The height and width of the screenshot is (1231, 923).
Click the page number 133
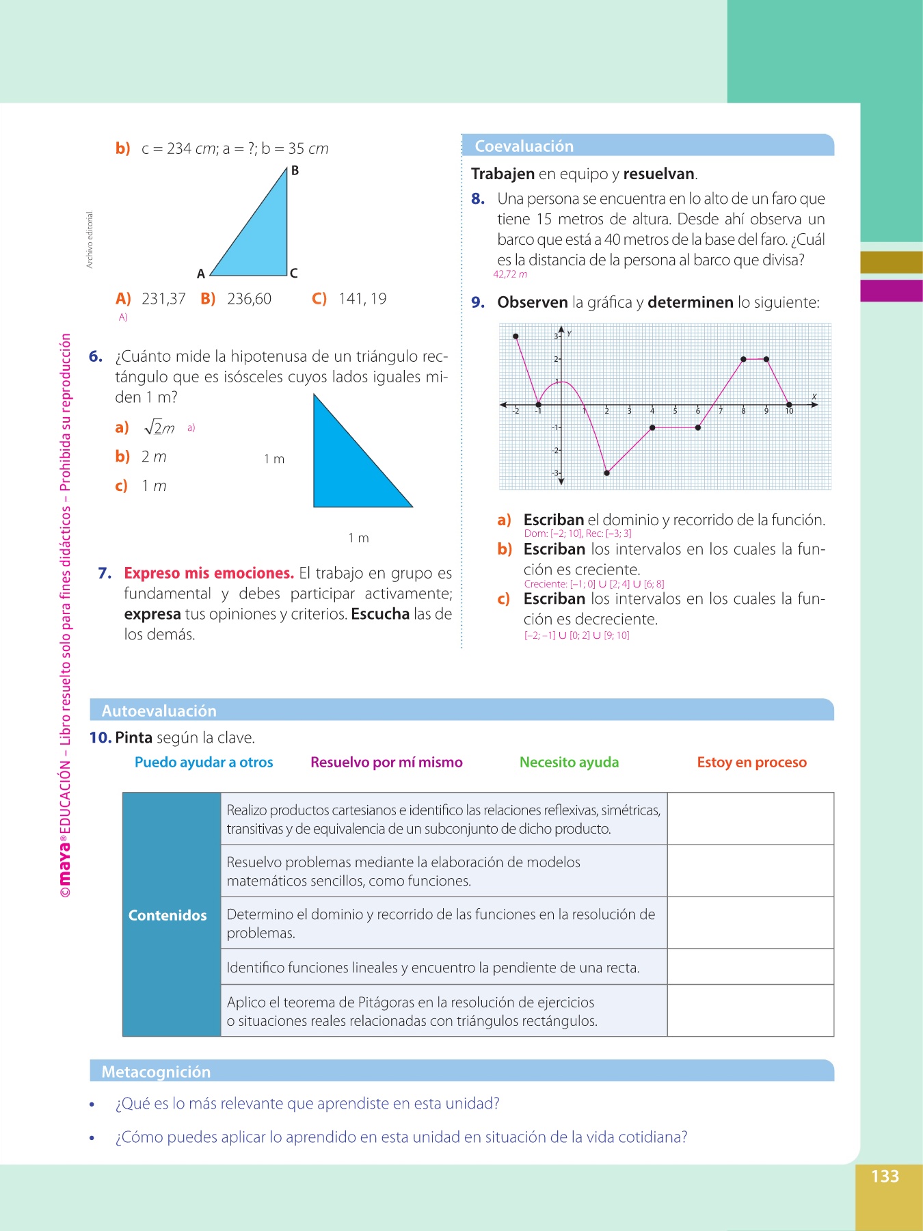coord(885,1176)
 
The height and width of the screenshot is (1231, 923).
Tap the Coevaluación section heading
coord(524,146)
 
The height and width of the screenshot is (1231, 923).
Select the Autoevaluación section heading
coord(159,711)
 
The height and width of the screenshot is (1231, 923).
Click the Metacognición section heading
coord(156,1072)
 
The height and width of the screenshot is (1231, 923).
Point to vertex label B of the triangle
coord(295,170)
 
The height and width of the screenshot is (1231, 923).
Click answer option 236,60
coord(249,299)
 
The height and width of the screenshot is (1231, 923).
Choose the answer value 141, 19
coord(362,299)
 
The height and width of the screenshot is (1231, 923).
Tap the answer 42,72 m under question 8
coord(510,274)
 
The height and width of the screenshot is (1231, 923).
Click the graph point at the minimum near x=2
coord(607,473)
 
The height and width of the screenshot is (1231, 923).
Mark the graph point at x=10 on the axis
coord(789,405)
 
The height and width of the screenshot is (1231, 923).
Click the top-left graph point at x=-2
coord(516,336)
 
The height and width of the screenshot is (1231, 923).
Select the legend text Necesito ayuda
coord(569,762)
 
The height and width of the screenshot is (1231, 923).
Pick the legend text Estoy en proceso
coord(751,762)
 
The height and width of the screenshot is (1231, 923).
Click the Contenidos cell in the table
coord(168,915)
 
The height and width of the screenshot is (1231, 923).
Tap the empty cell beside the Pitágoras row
coord(750,1011)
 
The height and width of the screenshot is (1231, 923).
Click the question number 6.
coord(96,356)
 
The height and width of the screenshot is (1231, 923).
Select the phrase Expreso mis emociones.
coord(209,573)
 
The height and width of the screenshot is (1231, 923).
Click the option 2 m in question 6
coord(154,457)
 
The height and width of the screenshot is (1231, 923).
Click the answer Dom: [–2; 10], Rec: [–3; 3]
coord(578,533)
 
